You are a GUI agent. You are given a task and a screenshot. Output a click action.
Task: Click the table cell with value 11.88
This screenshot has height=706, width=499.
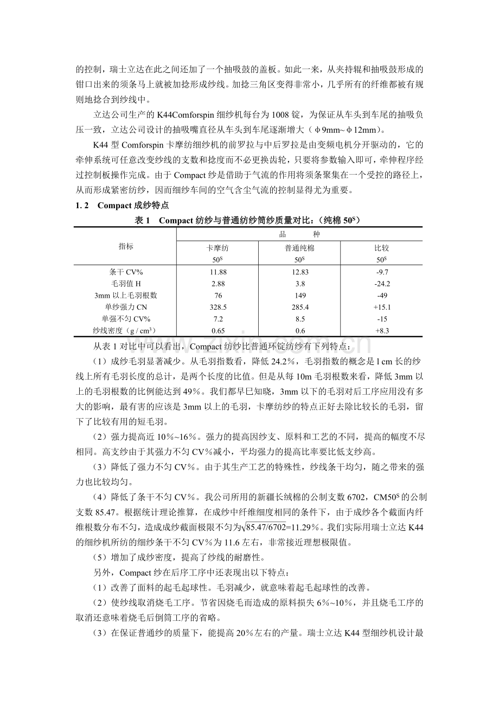tap(218, 272)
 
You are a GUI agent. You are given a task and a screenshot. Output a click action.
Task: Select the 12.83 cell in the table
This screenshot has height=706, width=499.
tap(300, 272)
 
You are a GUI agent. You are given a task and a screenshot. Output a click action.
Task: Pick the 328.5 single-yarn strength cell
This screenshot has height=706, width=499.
tap(218, 307)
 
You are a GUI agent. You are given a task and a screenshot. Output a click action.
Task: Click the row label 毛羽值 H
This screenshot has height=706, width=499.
tap(125, 284)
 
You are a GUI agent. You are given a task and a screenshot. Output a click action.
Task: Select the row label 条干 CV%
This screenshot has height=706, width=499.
tap(125, 272)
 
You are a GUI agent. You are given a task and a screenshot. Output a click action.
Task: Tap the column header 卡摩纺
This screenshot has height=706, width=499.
tap(218, 248)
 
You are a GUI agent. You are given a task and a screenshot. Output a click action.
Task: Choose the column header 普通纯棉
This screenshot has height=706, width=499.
tap(300, 248)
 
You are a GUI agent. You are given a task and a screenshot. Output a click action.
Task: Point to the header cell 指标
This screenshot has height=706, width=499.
tap(125, 246)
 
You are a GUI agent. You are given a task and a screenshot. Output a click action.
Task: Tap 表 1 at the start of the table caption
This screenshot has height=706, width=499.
tap(142, 220)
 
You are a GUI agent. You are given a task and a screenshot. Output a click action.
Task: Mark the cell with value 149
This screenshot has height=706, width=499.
tap(300, 296)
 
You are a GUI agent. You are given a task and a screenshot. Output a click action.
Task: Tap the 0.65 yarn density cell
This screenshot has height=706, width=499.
tap(218, 330)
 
